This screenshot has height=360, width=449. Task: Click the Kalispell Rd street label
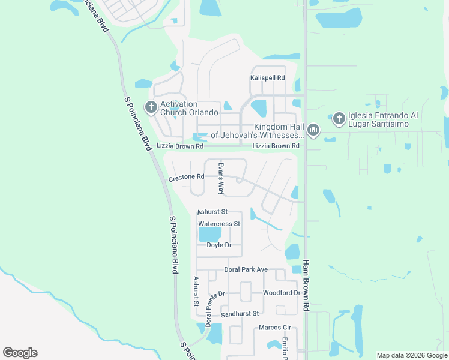pyautogui.click(x=267, y=78)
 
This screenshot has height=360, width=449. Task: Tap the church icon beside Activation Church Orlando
pyautogui.click(x=151, y=108)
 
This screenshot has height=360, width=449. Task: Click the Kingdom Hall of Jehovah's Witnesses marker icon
pyautogui.click(x=313, y=130)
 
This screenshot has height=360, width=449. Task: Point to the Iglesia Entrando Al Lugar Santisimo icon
pyautogui.click(x=339, y=119)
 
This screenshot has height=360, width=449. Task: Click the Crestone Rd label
pyautogui.click(x=187, y=178)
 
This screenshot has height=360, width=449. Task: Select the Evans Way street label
pyautogui.click(x=221, y=179)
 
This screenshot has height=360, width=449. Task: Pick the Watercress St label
pyautogui.click(x=219, y=224)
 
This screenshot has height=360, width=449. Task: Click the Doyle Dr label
pyautogui.click(x=219, y=245)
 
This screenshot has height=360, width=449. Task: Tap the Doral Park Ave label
pyautogui.click(x=246, y=270)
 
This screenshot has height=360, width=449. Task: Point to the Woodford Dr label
pyautogui.click(x=281, y=293)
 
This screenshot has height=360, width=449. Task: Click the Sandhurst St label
pyautogui.click(x=239, y=314)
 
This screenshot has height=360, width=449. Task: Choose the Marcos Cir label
pyautogui.click(x=274, y=328)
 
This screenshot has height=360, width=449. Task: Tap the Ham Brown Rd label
pyautogui.click(x=306, y=285)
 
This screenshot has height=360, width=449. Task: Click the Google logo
pyautogui.click(x=20, y=353)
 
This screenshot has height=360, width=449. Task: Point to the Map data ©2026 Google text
pyautogui.click(x=412, y=355)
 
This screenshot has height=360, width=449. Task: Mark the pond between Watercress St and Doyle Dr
pyautogui.click(x=211, y=233)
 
